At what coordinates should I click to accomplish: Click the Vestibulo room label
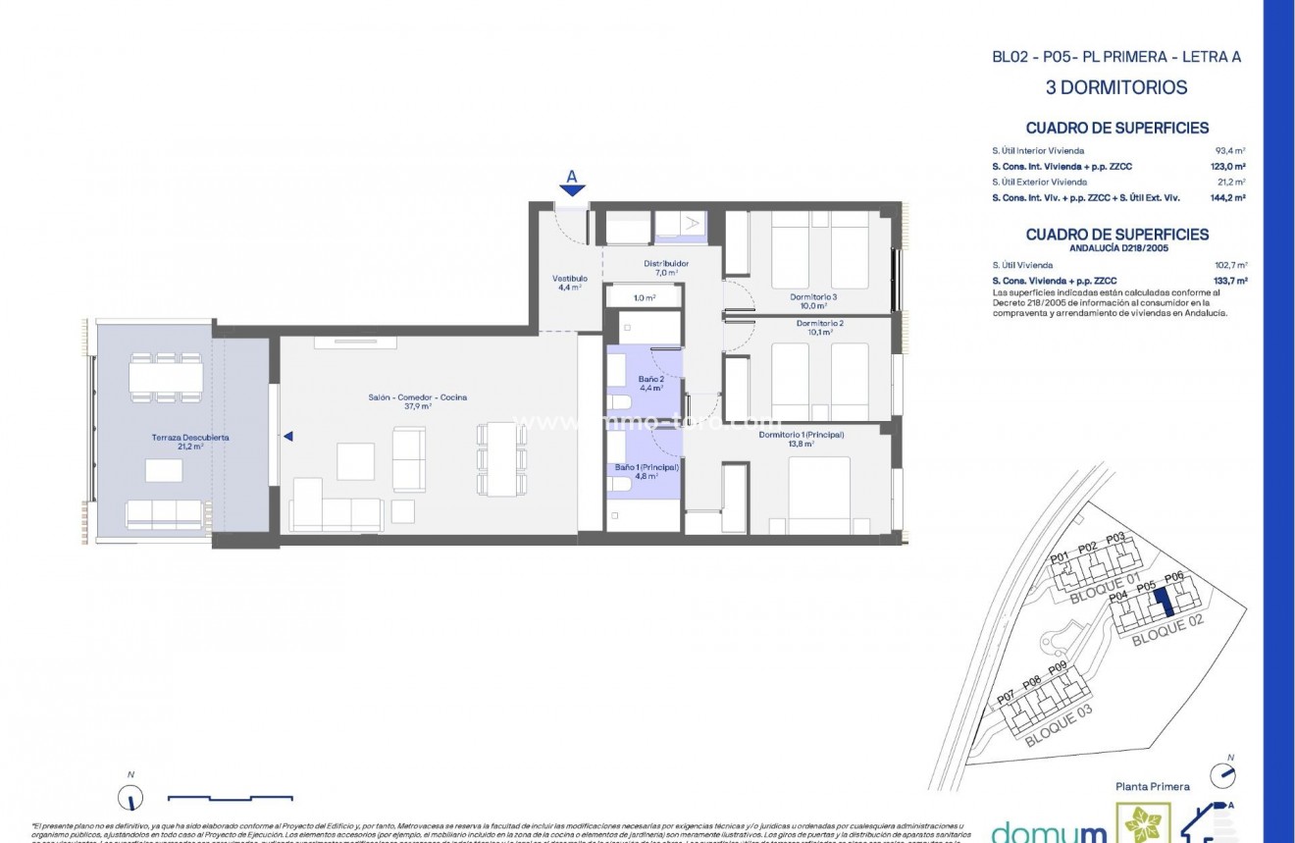click(569, 279)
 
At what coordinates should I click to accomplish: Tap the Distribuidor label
click(665, 264)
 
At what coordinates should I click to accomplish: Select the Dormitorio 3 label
click(813, 296)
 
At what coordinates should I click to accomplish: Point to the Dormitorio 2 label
click(819, 323)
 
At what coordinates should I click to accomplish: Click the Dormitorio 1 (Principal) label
click(801, 434)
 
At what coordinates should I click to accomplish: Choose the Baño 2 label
click(650, 379)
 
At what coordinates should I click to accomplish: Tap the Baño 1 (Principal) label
click(647, 468)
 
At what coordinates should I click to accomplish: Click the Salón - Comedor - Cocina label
click(417, 397)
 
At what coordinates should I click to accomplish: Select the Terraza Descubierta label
click(190, 438)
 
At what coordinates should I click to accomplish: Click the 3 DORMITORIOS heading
click(1116, 87)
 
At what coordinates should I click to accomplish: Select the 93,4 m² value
click(1229, 150)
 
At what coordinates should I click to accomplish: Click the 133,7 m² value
click(1229, 281)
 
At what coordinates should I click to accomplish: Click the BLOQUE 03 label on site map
click(1058, 725)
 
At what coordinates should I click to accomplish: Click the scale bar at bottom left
click(230, 797)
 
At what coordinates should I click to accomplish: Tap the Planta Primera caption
click(1153, 786)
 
